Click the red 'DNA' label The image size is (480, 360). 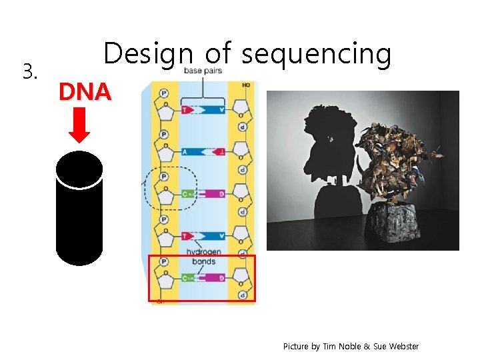coord(84,92)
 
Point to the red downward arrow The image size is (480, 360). coord(80,126)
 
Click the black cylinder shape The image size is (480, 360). coord(79,208)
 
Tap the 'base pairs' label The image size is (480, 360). coord(203,71)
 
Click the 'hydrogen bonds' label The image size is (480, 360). coord(201,257)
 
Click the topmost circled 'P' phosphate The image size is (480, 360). coord(165,93)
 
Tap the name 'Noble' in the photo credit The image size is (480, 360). coord(349,347)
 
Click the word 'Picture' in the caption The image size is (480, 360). coord(295,347)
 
